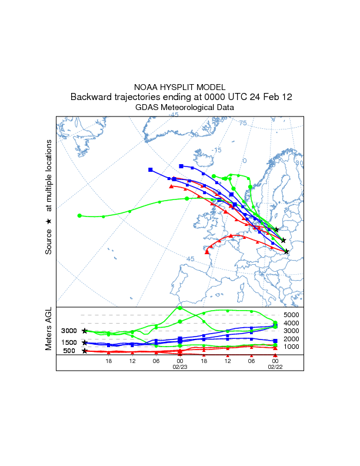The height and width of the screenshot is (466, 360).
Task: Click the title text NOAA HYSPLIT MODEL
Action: tap(181, 86)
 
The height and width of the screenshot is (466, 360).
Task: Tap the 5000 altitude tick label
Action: tap(292, 315)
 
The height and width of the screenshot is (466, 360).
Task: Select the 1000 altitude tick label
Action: tap(292, 347)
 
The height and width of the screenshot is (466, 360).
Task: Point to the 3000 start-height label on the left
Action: tap(69, 331)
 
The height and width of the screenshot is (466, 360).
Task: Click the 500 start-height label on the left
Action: tap(69, 351)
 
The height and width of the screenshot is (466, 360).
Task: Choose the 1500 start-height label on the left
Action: tap(69, 342)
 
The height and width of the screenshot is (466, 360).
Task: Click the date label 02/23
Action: tap(180, 367)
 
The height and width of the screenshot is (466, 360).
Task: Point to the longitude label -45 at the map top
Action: tap(174, 115)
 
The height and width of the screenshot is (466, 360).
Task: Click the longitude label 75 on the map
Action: tap(243, 123)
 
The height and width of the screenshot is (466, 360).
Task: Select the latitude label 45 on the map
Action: tap(190, 259)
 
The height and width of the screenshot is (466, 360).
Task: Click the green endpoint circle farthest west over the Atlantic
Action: tap(79, 215)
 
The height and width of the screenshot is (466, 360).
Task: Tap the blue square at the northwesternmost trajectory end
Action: tap(151, 170)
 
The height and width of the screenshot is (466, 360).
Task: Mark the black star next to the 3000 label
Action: tap(85, 331)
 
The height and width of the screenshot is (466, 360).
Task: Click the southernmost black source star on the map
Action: tap(286, 251)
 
